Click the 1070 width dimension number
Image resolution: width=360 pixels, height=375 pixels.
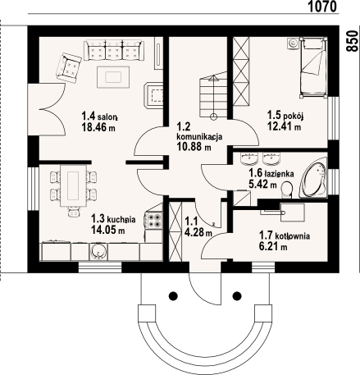(x=322, y=6)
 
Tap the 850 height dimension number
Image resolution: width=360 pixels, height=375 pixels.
(x=353, y=41)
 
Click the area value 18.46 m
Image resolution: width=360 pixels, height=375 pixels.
(x=98, y=127)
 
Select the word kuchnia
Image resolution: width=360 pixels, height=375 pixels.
(x=121, y=220)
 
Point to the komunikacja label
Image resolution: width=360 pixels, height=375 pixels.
(x=199, y=137)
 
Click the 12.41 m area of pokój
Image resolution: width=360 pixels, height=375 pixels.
(x=285, y=127)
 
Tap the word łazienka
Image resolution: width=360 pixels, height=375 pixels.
(x=279, y=173)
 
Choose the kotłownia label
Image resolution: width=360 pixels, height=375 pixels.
(x=293, y=236)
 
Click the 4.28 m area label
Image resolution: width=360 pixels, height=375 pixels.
(x=198, y=233)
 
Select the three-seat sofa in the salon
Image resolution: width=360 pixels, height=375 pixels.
(x=114, y=50)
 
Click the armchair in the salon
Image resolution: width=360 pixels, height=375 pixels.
(x=69, y=68)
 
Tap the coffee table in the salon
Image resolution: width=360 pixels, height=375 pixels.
(x=113, y=77)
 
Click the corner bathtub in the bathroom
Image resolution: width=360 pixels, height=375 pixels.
(x=314, y=177)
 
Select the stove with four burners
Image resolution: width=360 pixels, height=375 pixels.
(x=153, y=220)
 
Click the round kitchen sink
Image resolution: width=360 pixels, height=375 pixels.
(x=98, y=251)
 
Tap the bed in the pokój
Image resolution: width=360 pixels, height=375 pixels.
(x=313, y=67)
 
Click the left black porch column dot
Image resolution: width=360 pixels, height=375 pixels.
(x=173, y=296)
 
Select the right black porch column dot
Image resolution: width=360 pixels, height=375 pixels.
(x=237, y=295)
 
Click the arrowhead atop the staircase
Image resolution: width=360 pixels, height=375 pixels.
(x=213, y=79)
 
